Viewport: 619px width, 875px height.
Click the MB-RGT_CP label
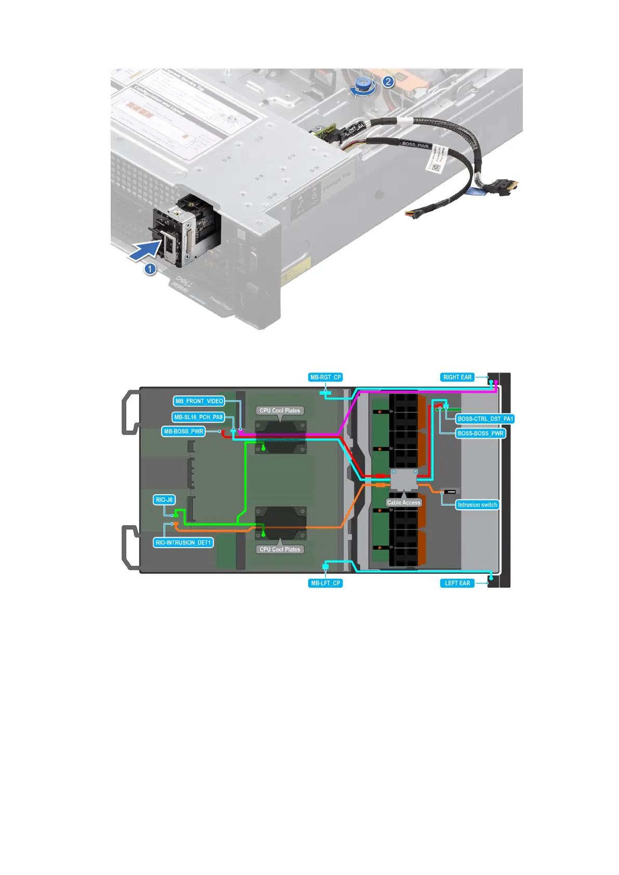(x=325, y=377)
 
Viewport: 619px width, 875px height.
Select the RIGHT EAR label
(x=457, y=377)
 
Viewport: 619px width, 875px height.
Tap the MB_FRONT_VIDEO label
(x=199, y=401)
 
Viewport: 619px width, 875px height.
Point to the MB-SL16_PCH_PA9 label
(x=198, y=417)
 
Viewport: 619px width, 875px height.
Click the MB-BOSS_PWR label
(x=183, y=431)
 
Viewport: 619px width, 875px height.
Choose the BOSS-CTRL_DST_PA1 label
(x=485, y=419)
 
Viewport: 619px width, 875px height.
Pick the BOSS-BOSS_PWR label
(x=480, y=433)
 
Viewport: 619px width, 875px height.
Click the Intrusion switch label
(x=477, y=505)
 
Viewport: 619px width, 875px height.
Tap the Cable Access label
(x=403, y=502)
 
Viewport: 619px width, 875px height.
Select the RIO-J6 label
(x=164, y=500)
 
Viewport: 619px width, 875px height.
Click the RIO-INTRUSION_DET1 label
(x=183, y=542)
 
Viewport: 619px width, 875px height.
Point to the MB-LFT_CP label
(x=325, y=583)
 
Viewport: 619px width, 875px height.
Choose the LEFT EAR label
(x=457, y=583)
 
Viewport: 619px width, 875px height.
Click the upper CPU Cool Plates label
(x=280, y=410)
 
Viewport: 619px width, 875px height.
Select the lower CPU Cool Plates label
(x=280, y=549)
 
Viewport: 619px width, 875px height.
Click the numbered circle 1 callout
(x=150, y=269)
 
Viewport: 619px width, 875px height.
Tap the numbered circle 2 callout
(x=388, y=82)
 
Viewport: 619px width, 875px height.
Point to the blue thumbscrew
(x=365, y=85)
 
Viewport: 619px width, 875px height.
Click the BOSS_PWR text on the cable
(x=416, y=145)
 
